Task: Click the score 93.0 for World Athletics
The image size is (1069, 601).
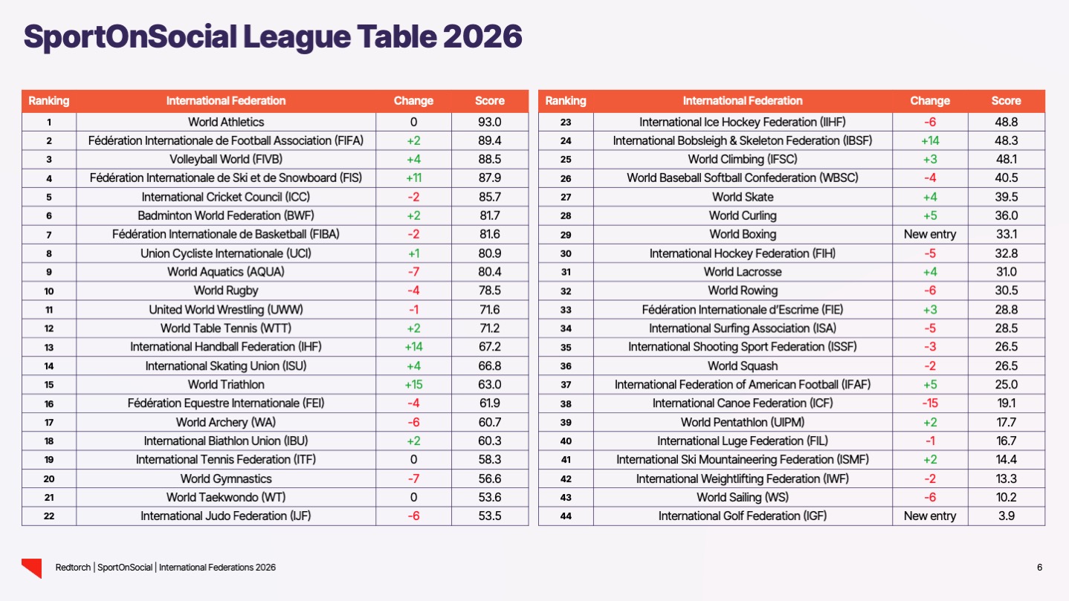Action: pos(489,122)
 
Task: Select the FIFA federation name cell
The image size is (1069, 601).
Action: pos(226,140)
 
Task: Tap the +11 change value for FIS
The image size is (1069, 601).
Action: pos(413,178)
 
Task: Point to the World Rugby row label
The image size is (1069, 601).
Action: pos(226,290)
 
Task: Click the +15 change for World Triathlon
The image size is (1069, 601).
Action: pos(413,385)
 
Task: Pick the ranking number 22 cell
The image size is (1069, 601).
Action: pos(49,516)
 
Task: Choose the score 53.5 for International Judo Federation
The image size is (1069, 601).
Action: pos(489,516)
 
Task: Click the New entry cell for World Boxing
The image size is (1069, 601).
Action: pos(930,235)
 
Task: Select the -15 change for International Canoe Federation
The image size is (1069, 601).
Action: pos(930,403)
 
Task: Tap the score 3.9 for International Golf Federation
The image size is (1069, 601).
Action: pos(1006,516)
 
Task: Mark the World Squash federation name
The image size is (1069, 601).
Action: pos(743,366)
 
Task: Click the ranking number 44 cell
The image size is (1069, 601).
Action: pos(566,516)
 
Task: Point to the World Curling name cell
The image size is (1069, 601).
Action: pos(743,216)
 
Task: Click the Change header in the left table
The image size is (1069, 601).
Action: pos(413,101)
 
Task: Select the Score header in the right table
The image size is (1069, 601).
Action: pos(1006,101)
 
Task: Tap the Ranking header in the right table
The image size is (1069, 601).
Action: pos(566,101)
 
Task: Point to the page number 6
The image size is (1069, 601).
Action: pos(1039,568)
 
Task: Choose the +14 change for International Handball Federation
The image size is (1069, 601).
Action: pos(413,347)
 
